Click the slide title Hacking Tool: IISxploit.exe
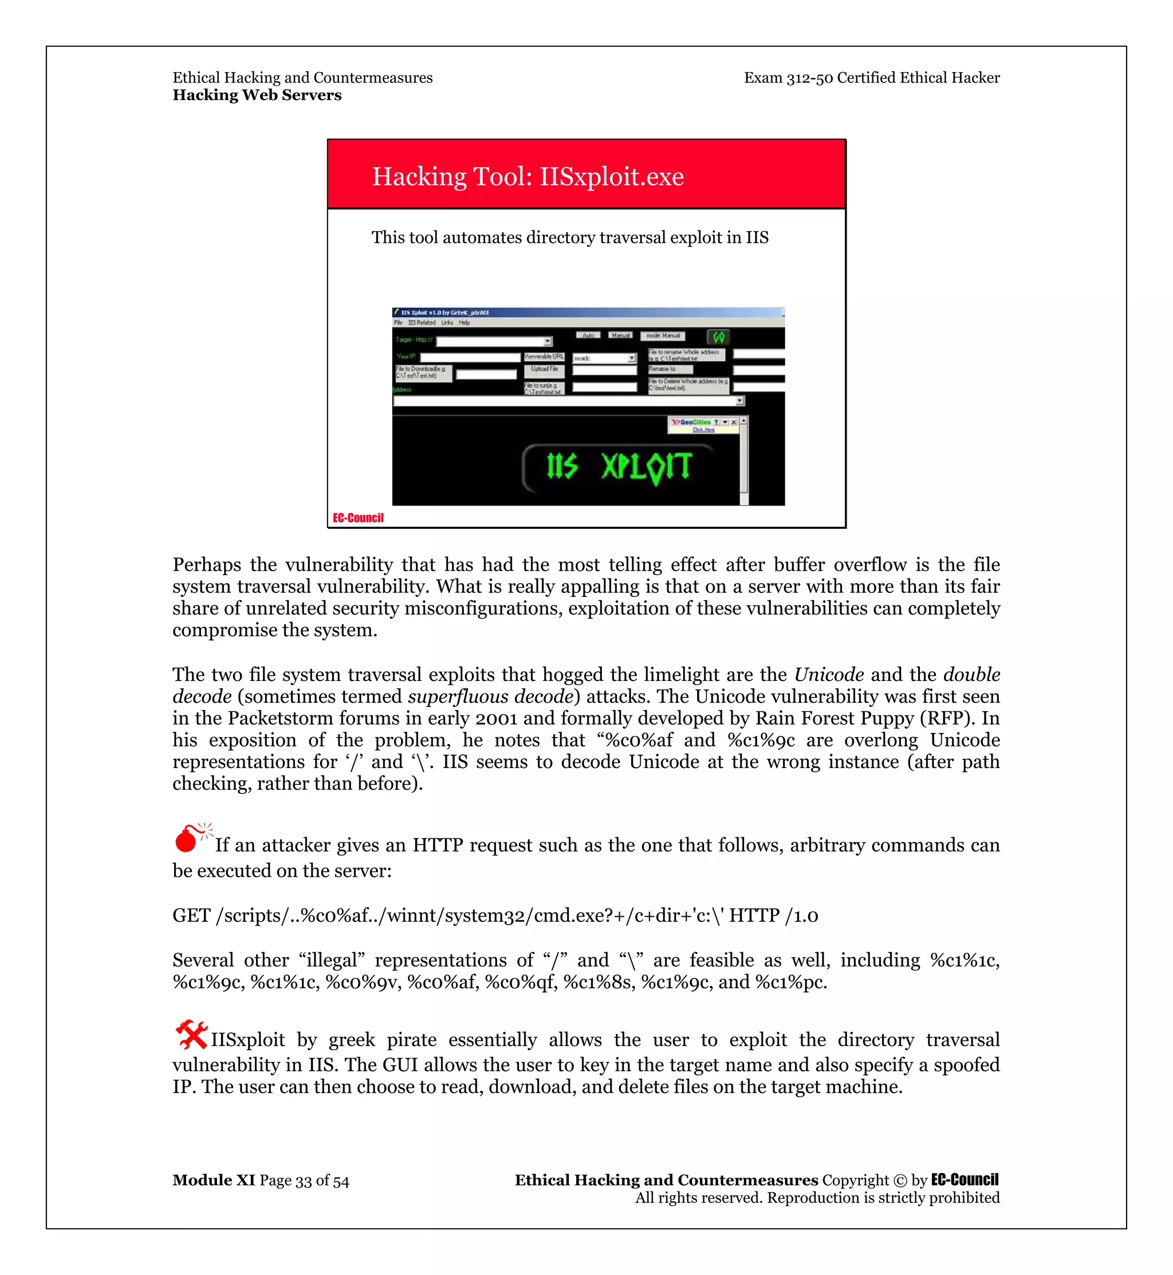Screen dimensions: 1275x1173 (528, 176)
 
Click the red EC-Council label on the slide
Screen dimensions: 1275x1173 (358, 518)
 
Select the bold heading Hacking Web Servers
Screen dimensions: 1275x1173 (257, 95)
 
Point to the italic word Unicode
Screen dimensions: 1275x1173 (828, 674)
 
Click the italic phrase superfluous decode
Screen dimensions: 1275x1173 (490, 696)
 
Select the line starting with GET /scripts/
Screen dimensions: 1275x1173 (495, 916)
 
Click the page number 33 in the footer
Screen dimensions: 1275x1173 (304, 1181)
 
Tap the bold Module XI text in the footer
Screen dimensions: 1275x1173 (213, 1180)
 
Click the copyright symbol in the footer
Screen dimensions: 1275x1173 (900, 1181)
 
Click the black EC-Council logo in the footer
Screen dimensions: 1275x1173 (964, 1180)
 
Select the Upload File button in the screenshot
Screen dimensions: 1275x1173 (544, 369)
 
